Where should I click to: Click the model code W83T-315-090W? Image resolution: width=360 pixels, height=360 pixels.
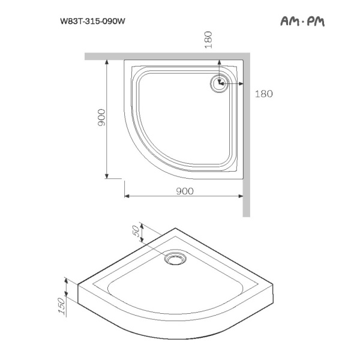[x=92, y=21]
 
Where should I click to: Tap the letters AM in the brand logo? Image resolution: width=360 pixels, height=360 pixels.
[x=290, y=22]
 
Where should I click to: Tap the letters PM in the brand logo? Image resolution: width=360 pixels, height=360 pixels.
[x=316, y=22]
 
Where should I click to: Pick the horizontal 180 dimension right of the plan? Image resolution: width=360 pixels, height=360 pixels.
[x=263, y=94]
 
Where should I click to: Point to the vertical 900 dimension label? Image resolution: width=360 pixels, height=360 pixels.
[x=101, y=118]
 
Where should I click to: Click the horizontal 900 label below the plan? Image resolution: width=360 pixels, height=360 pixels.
[x=185, y=191]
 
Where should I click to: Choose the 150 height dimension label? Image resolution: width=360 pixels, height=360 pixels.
[x=61, y=305]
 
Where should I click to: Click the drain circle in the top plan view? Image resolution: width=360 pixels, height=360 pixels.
[x=218, y=83]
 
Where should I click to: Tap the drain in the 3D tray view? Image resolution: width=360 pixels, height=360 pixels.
[x=176, y=259]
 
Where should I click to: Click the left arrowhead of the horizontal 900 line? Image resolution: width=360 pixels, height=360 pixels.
[x=127, y=197]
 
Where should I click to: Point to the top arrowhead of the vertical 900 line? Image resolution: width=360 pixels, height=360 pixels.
[x=107, y=62]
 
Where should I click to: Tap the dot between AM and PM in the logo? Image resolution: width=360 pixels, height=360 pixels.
[x=303, y=22]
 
